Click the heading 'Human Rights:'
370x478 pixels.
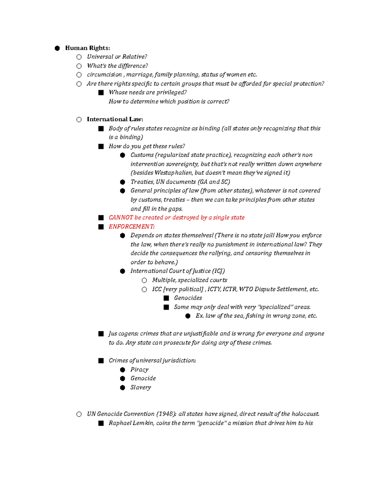(88, 48)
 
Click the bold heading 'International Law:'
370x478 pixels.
(115, 119)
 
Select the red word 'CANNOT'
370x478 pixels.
(121, 218)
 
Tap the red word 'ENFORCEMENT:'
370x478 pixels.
(132, 227)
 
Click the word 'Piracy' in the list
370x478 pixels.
(139, 370)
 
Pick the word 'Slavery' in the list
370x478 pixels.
(141, 388)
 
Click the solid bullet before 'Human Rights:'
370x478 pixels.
(57, 48)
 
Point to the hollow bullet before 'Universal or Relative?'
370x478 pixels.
(79, 57)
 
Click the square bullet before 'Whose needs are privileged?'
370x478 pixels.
(101, 93)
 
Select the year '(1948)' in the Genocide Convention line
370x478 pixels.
(166, 414)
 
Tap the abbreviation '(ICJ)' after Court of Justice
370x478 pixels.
(219, 271)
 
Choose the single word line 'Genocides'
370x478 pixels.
(188, 298)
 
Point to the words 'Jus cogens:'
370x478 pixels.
(123, 334)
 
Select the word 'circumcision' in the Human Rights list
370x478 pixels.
(104, 75)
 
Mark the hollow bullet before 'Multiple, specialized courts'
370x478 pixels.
(144, 280)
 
